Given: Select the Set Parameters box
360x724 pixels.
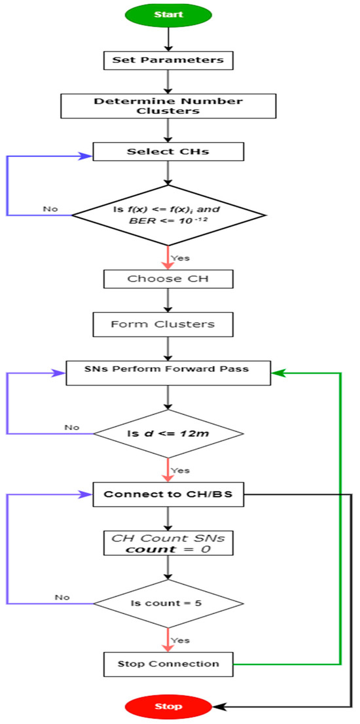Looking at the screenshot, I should (169, 61).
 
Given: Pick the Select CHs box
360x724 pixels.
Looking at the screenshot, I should (169, 152).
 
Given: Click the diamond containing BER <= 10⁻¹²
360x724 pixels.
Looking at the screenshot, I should (169, 215).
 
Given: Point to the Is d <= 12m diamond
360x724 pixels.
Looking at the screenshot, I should (169, 433).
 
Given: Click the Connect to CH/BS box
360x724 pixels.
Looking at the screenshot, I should (169, 496).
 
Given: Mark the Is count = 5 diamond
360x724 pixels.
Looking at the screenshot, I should (169, 602).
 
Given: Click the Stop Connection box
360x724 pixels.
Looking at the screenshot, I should (169, 664).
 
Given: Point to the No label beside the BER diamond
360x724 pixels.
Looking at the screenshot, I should (50, 209).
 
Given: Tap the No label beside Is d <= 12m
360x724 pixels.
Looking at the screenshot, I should (71, 427).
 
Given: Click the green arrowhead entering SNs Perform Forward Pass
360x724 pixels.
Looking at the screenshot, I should (278, 372).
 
